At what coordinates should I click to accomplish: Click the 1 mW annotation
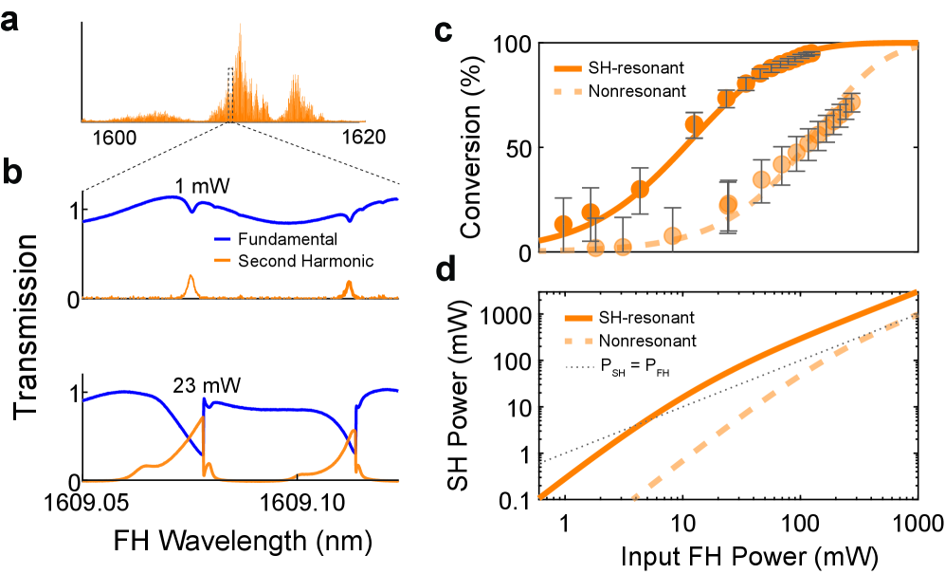(204, 183)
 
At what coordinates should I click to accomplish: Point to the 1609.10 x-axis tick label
(297, 499)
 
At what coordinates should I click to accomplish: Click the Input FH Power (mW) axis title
(728, 551)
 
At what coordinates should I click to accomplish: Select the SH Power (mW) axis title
(470, 394)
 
